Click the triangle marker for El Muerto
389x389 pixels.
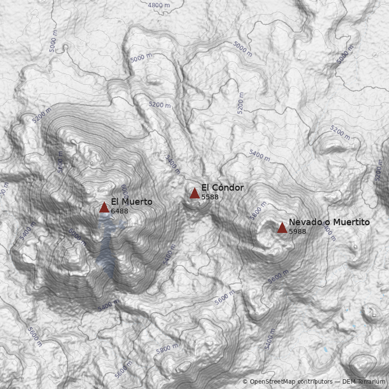point(104,208)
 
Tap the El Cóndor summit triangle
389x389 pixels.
point(194,193)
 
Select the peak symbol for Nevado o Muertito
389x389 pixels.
point(282,228)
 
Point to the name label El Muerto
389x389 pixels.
point(131,202)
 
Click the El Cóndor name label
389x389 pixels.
point(222,188)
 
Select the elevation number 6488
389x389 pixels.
point(120,212)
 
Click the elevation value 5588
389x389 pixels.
point(210,197)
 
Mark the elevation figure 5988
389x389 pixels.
point(298,231)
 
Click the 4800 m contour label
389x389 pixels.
point(159,5)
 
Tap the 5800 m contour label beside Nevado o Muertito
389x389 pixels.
point(258,212)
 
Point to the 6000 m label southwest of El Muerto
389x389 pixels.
point(77,237)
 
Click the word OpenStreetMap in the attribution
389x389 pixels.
point(273,382)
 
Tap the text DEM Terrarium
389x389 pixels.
point(364,382)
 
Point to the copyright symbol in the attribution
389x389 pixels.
point(245,382)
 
